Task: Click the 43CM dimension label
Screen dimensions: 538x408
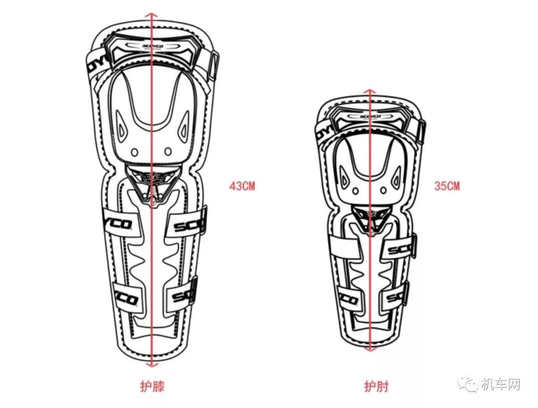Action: [x=242, y=186]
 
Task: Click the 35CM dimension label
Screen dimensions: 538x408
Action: [x=447, y=186]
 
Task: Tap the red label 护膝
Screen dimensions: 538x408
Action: [x=151, y=385]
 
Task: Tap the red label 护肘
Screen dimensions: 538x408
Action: [x=376, y=386]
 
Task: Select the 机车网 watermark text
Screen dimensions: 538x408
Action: [x=501, y=384]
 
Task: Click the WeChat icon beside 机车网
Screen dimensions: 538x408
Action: [x=469, y=384]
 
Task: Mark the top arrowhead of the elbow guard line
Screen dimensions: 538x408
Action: [x=370, y=92]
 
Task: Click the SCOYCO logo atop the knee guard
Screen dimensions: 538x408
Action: [x=152, y=45]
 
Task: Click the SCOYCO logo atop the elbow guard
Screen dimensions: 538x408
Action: [x=370, y=117]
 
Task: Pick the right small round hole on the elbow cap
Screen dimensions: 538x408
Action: [x=384, y=190]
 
